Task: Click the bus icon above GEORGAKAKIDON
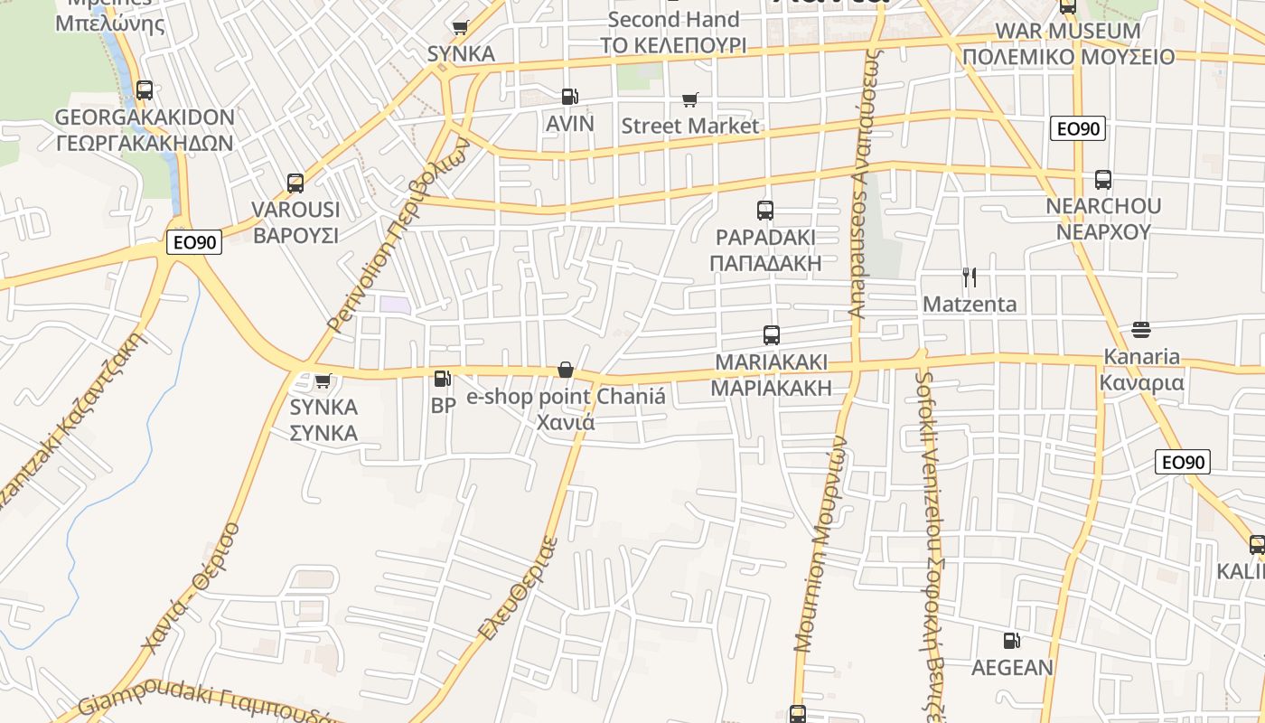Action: pos(144,90)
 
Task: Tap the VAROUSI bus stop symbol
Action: pos(295,183)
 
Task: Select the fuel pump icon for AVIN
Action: pos(569,96)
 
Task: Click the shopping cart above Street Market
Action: pos(690,99)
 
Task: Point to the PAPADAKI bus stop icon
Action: pos(765,211)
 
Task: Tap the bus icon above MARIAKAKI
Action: pos(771,335)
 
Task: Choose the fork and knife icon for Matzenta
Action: pos(969,277)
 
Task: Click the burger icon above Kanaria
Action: pos(1140,329)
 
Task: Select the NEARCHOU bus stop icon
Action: pos(1102,179)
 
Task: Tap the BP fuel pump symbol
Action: pos(442,379)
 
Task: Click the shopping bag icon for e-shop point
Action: pos(566,370)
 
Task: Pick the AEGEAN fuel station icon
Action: pos(1012,641)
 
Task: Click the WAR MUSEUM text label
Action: pos(1068,31)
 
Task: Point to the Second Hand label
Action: pos(673,19)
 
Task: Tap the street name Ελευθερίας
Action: pos(519,589)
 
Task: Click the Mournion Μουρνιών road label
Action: pos(821,542)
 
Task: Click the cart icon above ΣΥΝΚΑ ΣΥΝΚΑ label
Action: pos(323,380)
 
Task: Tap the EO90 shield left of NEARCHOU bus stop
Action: pos(1078,128)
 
